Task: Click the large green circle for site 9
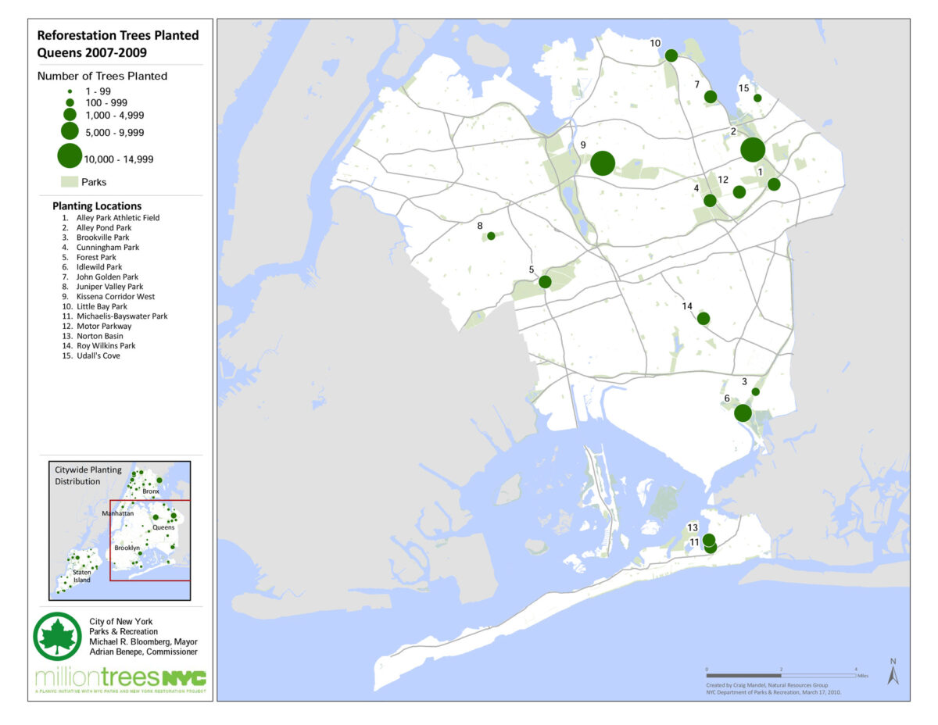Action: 603,163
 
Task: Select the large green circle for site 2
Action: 753,149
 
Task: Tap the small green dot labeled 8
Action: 491,236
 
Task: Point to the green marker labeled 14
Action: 703,318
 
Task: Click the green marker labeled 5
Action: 545,281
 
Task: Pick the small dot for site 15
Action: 757,98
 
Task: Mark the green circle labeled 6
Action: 743,412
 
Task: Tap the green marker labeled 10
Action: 671,55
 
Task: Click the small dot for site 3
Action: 755,391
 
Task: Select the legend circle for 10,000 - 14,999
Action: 70,155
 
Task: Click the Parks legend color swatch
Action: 70,182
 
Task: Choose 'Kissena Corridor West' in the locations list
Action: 115,297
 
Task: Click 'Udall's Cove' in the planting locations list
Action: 98,356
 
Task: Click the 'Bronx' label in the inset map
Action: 151,491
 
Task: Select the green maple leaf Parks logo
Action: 57,636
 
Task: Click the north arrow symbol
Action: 893,672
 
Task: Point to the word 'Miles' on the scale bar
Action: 862,676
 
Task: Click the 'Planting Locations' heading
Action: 97,206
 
